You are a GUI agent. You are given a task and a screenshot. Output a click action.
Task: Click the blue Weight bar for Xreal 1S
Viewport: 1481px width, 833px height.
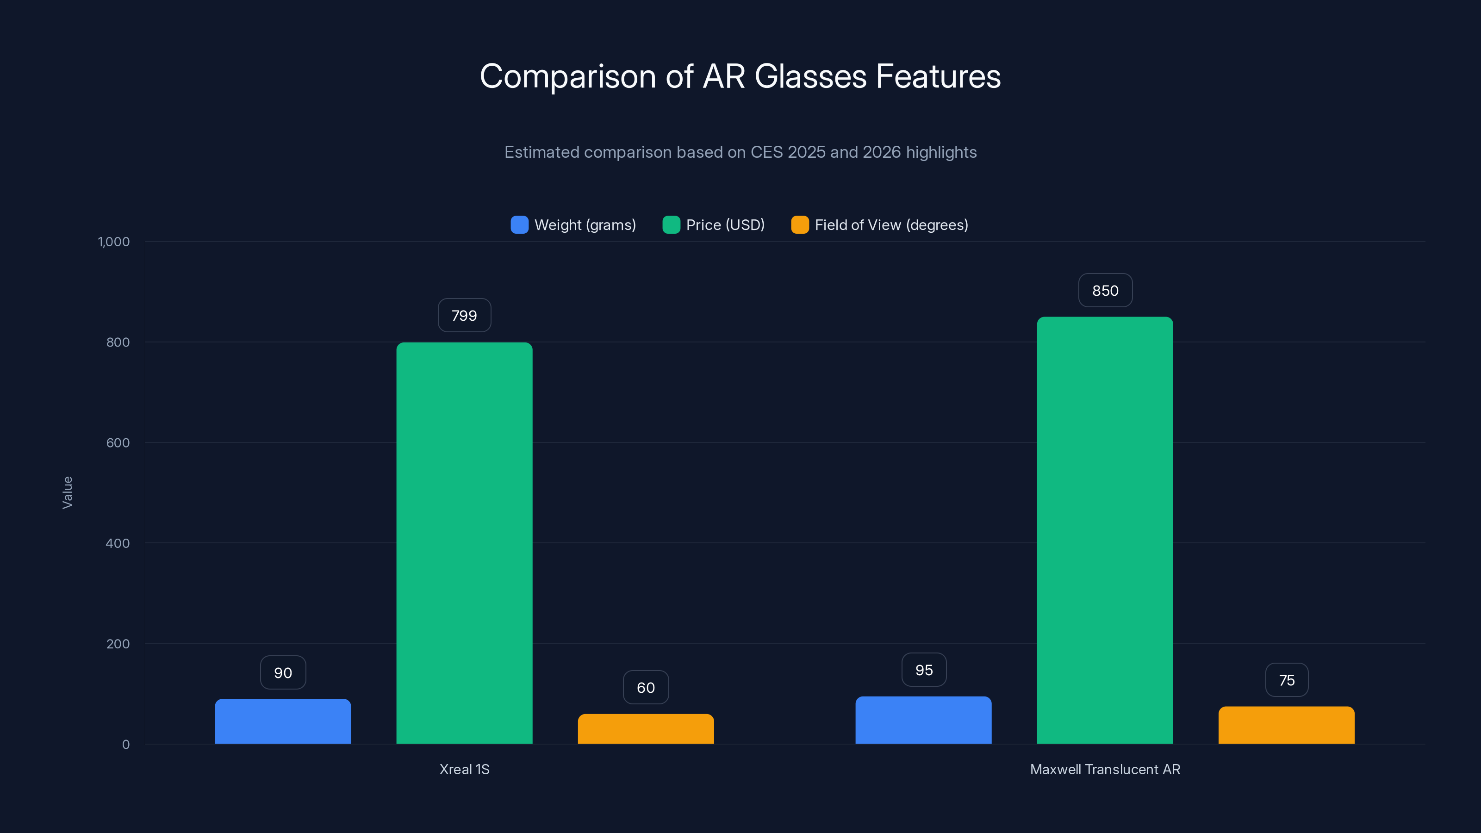(283, 721)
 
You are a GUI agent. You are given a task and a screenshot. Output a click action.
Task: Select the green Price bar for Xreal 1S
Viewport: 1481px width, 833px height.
(464, 543)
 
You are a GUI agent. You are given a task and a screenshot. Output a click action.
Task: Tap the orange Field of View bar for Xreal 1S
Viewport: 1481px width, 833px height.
(646, 728)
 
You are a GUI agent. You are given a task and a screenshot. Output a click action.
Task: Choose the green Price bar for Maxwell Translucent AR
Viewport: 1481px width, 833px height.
(1104, 530)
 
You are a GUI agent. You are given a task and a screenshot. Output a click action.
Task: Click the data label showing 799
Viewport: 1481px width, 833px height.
(464, 315)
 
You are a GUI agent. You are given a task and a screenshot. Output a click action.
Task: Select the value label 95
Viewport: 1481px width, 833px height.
(924, 670)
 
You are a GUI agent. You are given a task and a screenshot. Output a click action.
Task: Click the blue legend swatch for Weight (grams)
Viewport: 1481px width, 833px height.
(519, 225)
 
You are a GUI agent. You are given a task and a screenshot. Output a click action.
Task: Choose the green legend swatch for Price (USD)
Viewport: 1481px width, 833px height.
(671, 225)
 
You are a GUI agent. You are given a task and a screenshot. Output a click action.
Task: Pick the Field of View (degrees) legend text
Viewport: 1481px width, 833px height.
(891, 225)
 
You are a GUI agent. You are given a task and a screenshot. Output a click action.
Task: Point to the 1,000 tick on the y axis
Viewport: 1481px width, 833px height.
(114, 242)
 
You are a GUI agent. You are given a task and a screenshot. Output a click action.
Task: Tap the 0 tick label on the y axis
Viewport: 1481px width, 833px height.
(125, 745)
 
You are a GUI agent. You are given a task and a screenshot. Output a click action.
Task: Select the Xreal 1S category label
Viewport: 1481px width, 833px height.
(464, 769)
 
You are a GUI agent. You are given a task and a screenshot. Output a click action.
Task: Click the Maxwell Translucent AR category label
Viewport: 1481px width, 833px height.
(1104, 769)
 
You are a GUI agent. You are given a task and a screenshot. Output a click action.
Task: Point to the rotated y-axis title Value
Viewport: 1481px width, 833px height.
(67, 492)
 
